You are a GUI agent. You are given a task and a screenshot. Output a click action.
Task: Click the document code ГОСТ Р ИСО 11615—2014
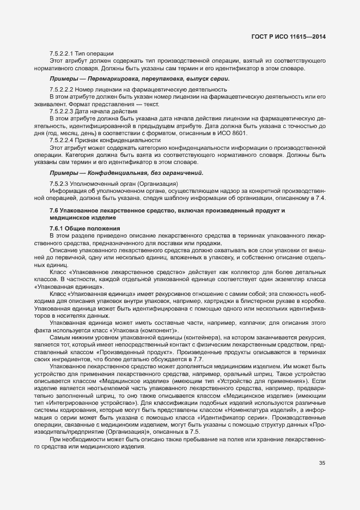tap(294, 37)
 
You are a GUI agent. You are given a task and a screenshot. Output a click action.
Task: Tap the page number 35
tap(322, 464)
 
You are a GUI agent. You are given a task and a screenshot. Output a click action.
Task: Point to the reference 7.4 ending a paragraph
tap(321, 198)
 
